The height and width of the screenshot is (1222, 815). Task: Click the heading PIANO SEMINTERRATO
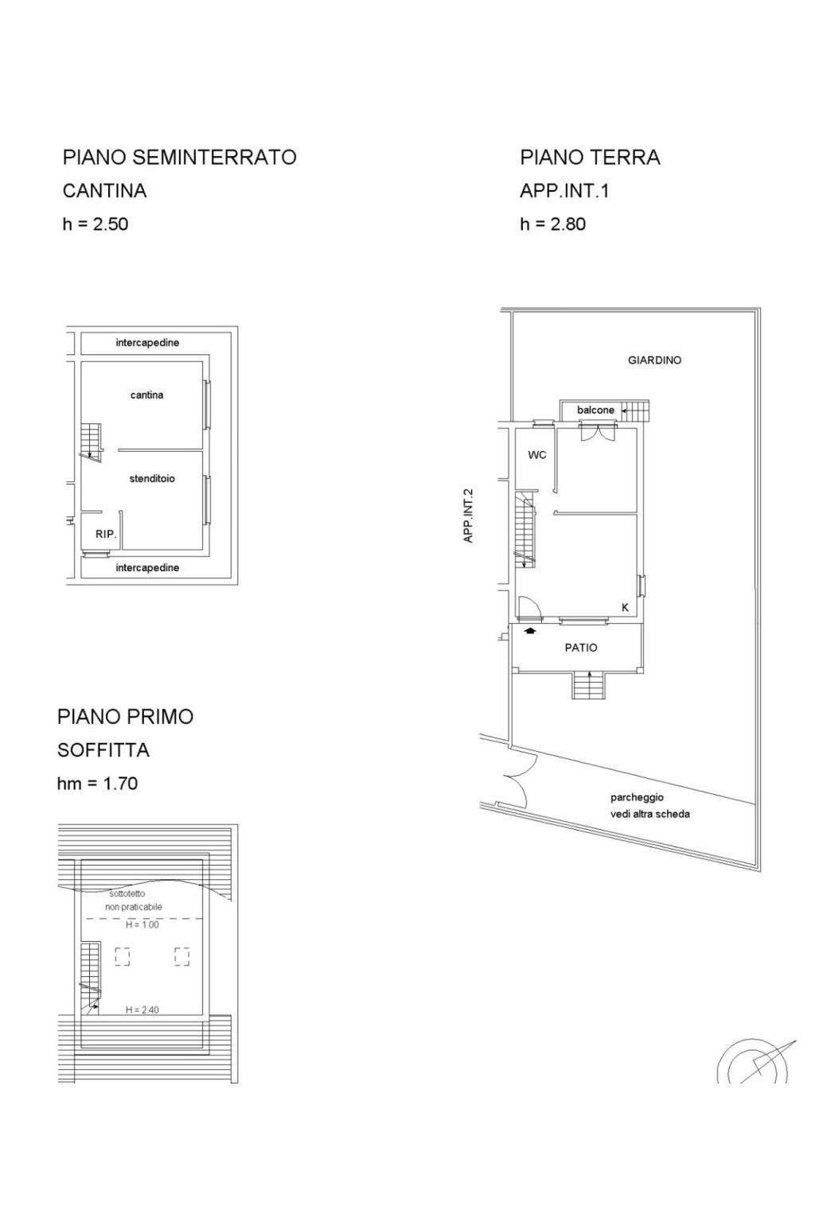180,157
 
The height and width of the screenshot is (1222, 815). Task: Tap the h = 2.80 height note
552,224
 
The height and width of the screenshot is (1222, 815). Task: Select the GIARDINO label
654,360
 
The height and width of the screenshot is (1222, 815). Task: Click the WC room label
537,455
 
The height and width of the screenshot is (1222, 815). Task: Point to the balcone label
595,410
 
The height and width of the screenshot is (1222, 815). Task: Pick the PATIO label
581,648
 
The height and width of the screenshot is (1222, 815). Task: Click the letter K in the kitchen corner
625,608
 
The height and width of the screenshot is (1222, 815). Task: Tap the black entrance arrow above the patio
529,631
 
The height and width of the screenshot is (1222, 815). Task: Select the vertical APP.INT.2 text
468,516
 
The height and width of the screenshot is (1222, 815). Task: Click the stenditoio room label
152,478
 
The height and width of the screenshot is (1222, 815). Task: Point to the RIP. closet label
106,534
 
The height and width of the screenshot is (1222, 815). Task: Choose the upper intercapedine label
147,343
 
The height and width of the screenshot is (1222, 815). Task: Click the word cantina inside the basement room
146,395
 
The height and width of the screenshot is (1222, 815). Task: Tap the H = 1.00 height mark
142,924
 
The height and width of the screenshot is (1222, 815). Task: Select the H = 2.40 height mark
142,1010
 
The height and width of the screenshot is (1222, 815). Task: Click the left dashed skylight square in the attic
123,956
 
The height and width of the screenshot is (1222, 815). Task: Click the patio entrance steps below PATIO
589,685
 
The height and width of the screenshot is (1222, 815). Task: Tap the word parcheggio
637,798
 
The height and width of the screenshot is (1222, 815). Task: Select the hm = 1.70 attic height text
97,784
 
